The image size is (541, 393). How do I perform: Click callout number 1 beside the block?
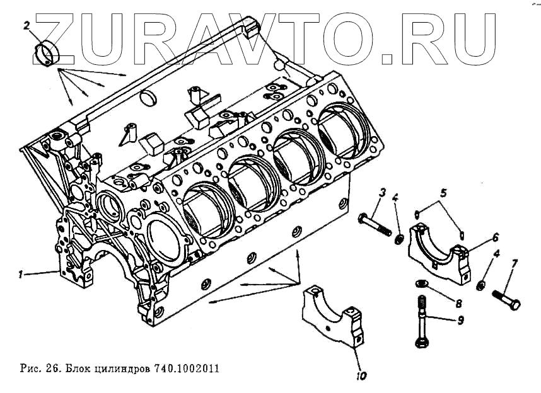click(x=21, y=274)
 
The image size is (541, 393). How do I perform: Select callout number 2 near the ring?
click(x=27, y=26)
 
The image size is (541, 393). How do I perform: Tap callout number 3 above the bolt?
click(x=382, y=193)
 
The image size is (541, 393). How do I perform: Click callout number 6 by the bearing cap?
click(x=496, y=237)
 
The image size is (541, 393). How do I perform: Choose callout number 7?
click(x=515, y=263)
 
